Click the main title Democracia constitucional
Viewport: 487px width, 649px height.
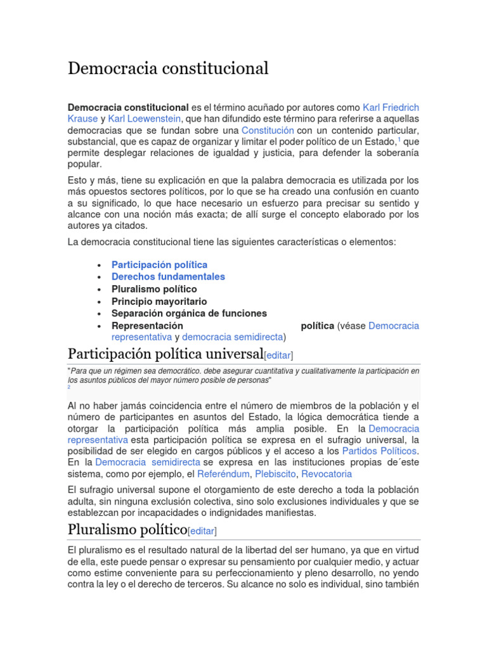(168, 68)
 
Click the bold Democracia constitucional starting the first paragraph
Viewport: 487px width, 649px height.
(128, 107)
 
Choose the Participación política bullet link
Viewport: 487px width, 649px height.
(159, 264)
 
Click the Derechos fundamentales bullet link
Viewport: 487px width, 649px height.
(168, 276)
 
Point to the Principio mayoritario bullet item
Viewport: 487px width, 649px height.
(159, 301)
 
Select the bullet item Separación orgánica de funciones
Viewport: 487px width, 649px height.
(189, 313)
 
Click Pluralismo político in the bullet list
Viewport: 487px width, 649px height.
(154, 289)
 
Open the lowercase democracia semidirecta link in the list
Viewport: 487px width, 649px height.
(232, 337)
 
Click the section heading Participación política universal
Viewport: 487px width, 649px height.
(165, 353)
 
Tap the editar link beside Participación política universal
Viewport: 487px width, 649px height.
(279, 355)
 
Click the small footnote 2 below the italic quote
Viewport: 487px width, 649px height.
(69, 387)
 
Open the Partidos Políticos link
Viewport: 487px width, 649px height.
(380, 451)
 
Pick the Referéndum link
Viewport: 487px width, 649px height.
(224, 474)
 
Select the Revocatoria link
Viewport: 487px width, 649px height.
(326, 474)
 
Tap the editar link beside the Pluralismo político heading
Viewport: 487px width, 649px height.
(202, 531)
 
